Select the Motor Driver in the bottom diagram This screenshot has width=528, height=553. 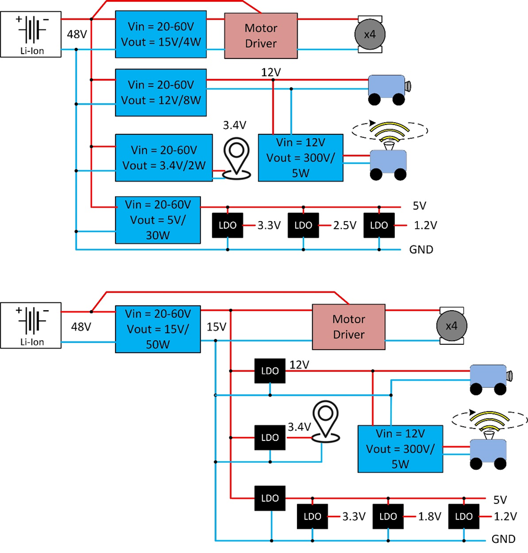[348, 326]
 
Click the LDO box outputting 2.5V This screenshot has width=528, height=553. [303, 226]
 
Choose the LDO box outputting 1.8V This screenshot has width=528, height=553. [388, 517]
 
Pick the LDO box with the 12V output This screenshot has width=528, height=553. [270, 371]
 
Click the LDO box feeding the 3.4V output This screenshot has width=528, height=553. [270, 437]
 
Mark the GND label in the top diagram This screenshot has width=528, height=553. [421, 249]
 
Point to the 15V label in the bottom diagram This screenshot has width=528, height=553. [217, 325]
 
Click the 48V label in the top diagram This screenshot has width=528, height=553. [77, 34]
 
